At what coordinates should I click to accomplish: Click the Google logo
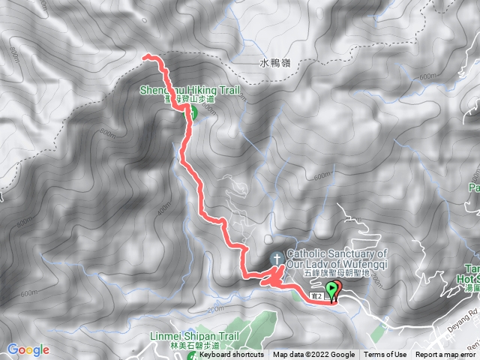(28, 349)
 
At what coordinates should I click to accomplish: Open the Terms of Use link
(386, 355)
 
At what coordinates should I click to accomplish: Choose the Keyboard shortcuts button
(231, 355)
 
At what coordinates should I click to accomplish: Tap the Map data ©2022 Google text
(313, 355)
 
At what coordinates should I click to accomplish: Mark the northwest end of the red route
(145, 56)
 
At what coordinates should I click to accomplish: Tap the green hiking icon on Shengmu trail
(191, 113)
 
